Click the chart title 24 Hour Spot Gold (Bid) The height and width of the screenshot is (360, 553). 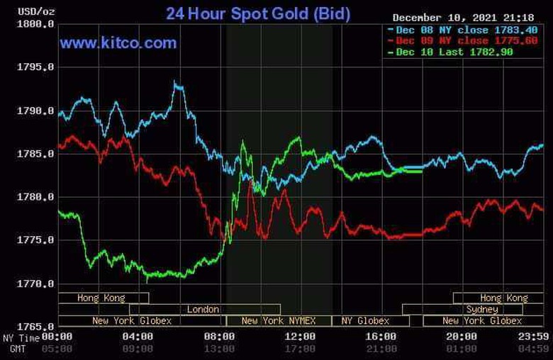click(x=257, y=13)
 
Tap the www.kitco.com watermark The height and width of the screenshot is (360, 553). click(x=118, y=43)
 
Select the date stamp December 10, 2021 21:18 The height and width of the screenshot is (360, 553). click(x=462, y=18)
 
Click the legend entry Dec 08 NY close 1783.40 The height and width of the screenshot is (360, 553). click(x=462, y=30)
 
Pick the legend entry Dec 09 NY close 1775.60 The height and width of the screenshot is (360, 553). click(x=462, y=41)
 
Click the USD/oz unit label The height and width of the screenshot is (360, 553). click(x=18, y=12)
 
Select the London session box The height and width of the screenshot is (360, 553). click(x=204, y=310)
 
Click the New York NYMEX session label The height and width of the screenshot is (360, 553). click(x=278, y=321)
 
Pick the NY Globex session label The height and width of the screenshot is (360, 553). click(x=365, y=321)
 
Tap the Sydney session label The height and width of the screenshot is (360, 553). click(x=482, y=310)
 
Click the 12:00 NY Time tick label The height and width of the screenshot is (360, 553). click(x=300, y=337)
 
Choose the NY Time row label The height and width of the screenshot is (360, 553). click(x=19, y=337)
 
